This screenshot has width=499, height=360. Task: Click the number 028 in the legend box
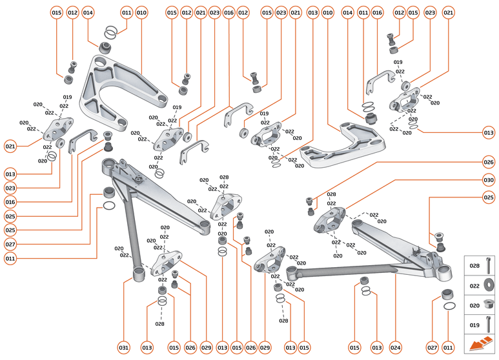pos(474,265)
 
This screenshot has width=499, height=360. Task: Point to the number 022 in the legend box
pos(474,285)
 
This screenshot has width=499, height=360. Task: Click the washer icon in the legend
pos(490,285)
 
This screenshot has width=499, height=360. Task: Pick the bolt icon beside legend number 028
pos(490,265)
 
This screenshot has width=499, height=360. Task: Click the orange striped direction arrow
pos(481,345)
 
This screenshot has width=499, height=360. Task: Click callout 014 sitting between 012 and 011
pos(88,13)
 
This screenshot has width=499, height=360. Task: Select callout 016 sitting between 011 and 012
pos(378,13)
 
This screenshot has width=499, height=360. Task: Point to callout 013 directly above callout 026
pos(488,133)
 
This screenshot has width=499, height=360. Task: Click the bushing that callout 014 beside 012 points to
pos(105,47)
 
